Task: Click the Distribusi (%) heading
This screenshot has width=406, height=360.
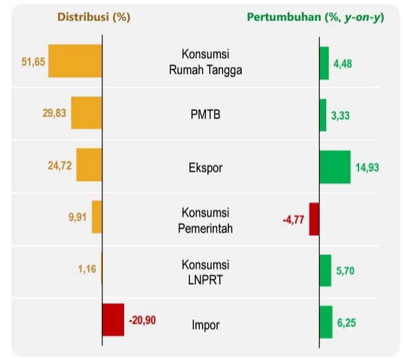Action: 94,17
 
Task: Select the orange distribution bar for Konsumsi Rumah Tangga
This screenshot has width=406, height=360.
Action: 75,61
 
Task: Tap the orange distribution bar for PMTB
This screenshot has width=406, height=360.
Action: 86,113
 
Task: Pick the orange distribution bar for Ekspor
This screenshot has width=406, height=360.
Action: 89,164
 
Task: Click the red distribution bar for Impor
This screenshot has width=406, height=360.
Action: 114,320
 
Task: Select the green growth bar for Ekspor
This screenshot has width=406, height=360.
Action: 335,166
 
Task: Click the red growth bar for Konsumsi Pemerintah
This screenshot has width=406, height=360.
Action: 314,219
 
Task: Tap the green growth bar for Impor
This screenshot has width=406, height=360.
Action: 325,322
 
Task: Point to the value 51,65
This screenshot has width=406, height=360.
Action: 33,61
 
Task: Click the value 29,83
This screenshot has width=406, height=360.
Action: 55,114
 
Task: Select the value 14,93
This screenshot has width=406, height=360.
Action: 368,168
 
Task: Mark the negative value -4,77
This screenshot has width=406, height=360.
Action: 293,219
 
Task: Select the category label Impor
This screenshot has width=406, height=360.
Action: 205,324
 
